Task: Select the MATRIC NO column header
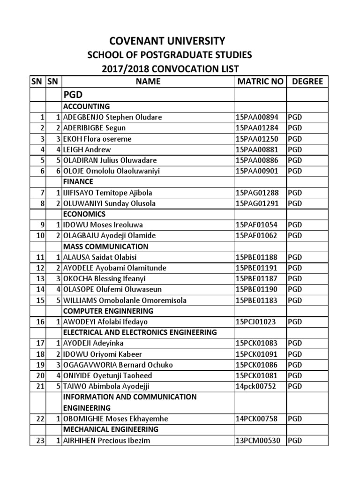tap(260, 82)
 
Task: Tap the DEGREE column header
tap(307, 82)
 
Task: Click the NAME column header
tap(148, 82)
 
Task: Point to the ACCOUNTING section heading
tap(86, 106)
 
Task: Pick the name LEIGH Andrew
tap(87, 150)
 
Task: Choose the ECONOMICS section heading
tap(82, 214)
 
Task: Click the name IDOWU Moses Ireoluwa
tap(104, 225)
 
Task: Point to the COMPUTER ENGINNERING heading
tap(108, 311)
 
